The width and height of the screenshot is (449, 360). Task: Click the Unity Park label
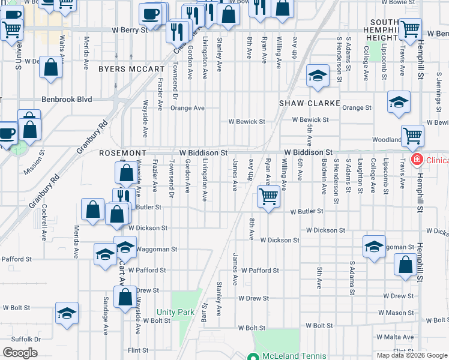(x=175, y=312)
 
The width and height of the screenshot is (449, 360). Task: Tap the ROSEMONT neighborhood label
(x=119, y=154)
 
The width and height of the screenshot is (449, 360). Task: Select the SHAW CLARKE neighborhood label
(x=310, y=103)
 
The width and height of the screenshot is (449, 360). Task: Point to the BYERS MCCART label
(x=131, y=69)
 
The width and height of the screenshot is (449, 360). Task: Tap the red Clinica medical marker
(x=414, y=160)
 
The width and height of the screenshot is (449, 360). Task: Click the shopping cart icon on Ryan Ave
(x=269, y=196)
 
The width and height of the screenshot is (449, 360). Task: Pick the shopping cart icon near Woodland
(x=413, y=136)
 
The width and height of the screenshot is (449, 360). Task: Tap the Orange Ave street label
(x=187, y=108)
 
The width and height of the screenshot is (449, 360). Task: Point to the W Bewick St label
(x=246, y=121)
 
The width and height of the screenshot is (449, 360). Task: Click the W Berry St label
(x=130, y=29)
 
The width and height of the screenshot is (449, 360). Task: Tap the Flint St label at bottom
(x=138, y=350)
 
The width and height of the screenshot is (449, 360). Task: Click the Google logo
(x=20, y=353)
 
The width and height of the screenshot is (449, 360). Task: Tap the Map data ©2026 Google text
(x=411, y=355)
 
